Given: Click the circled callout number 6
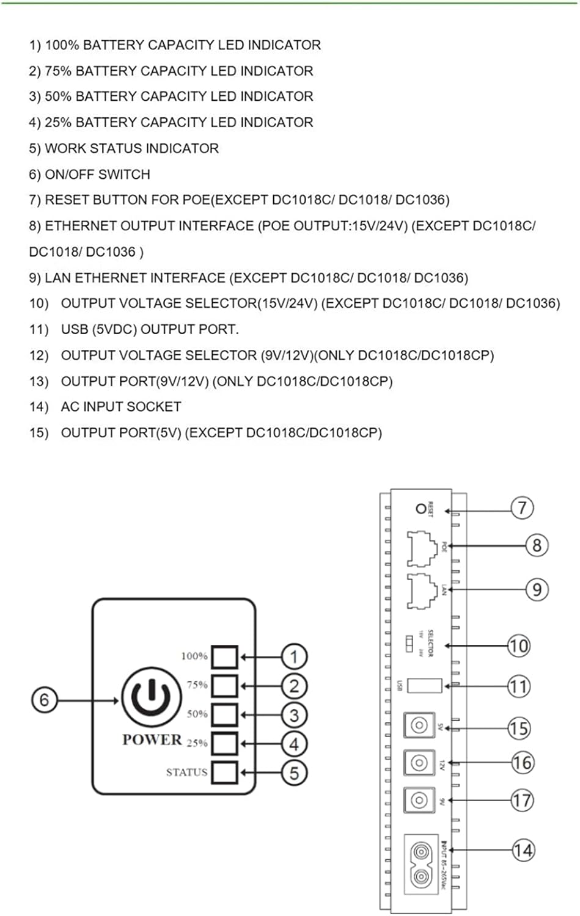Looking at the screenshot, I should point(44,699).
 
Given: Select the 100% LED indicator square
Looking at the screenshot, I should point(224,657).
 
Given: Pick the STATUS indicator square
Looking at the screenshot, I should point(224,772).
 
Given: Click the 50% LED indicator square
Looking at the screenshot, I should point(224,714).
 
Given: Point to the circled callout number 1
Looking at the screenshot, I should point(294,657).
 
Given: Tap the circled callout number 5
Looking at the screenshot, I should point(294,773).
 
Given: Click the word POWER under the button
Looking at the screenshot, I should point(152,740).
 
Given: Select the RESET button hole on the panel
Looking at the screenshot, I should point(420,508).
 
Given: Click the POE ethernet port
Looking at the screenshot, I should point(422,547).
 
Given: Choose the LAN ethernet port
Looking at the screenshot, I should point(422,590).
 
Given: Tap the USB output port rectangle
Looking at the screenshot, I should point(424,685).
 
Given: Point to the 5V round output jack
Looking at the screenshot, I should point(419,725).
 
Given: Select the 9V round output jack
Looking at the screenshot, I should point(419,799).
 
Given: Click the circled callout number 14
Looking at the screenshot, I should point(523,850).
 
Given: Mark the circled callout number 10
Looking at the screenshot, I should point(519,645).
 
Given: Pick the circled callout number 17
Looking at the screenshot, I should point(522,800).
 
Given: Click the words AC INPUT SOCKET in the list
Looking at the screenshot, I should point(121,407).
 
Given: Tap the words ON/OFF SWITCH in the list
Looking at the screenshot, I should point(97,175).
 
